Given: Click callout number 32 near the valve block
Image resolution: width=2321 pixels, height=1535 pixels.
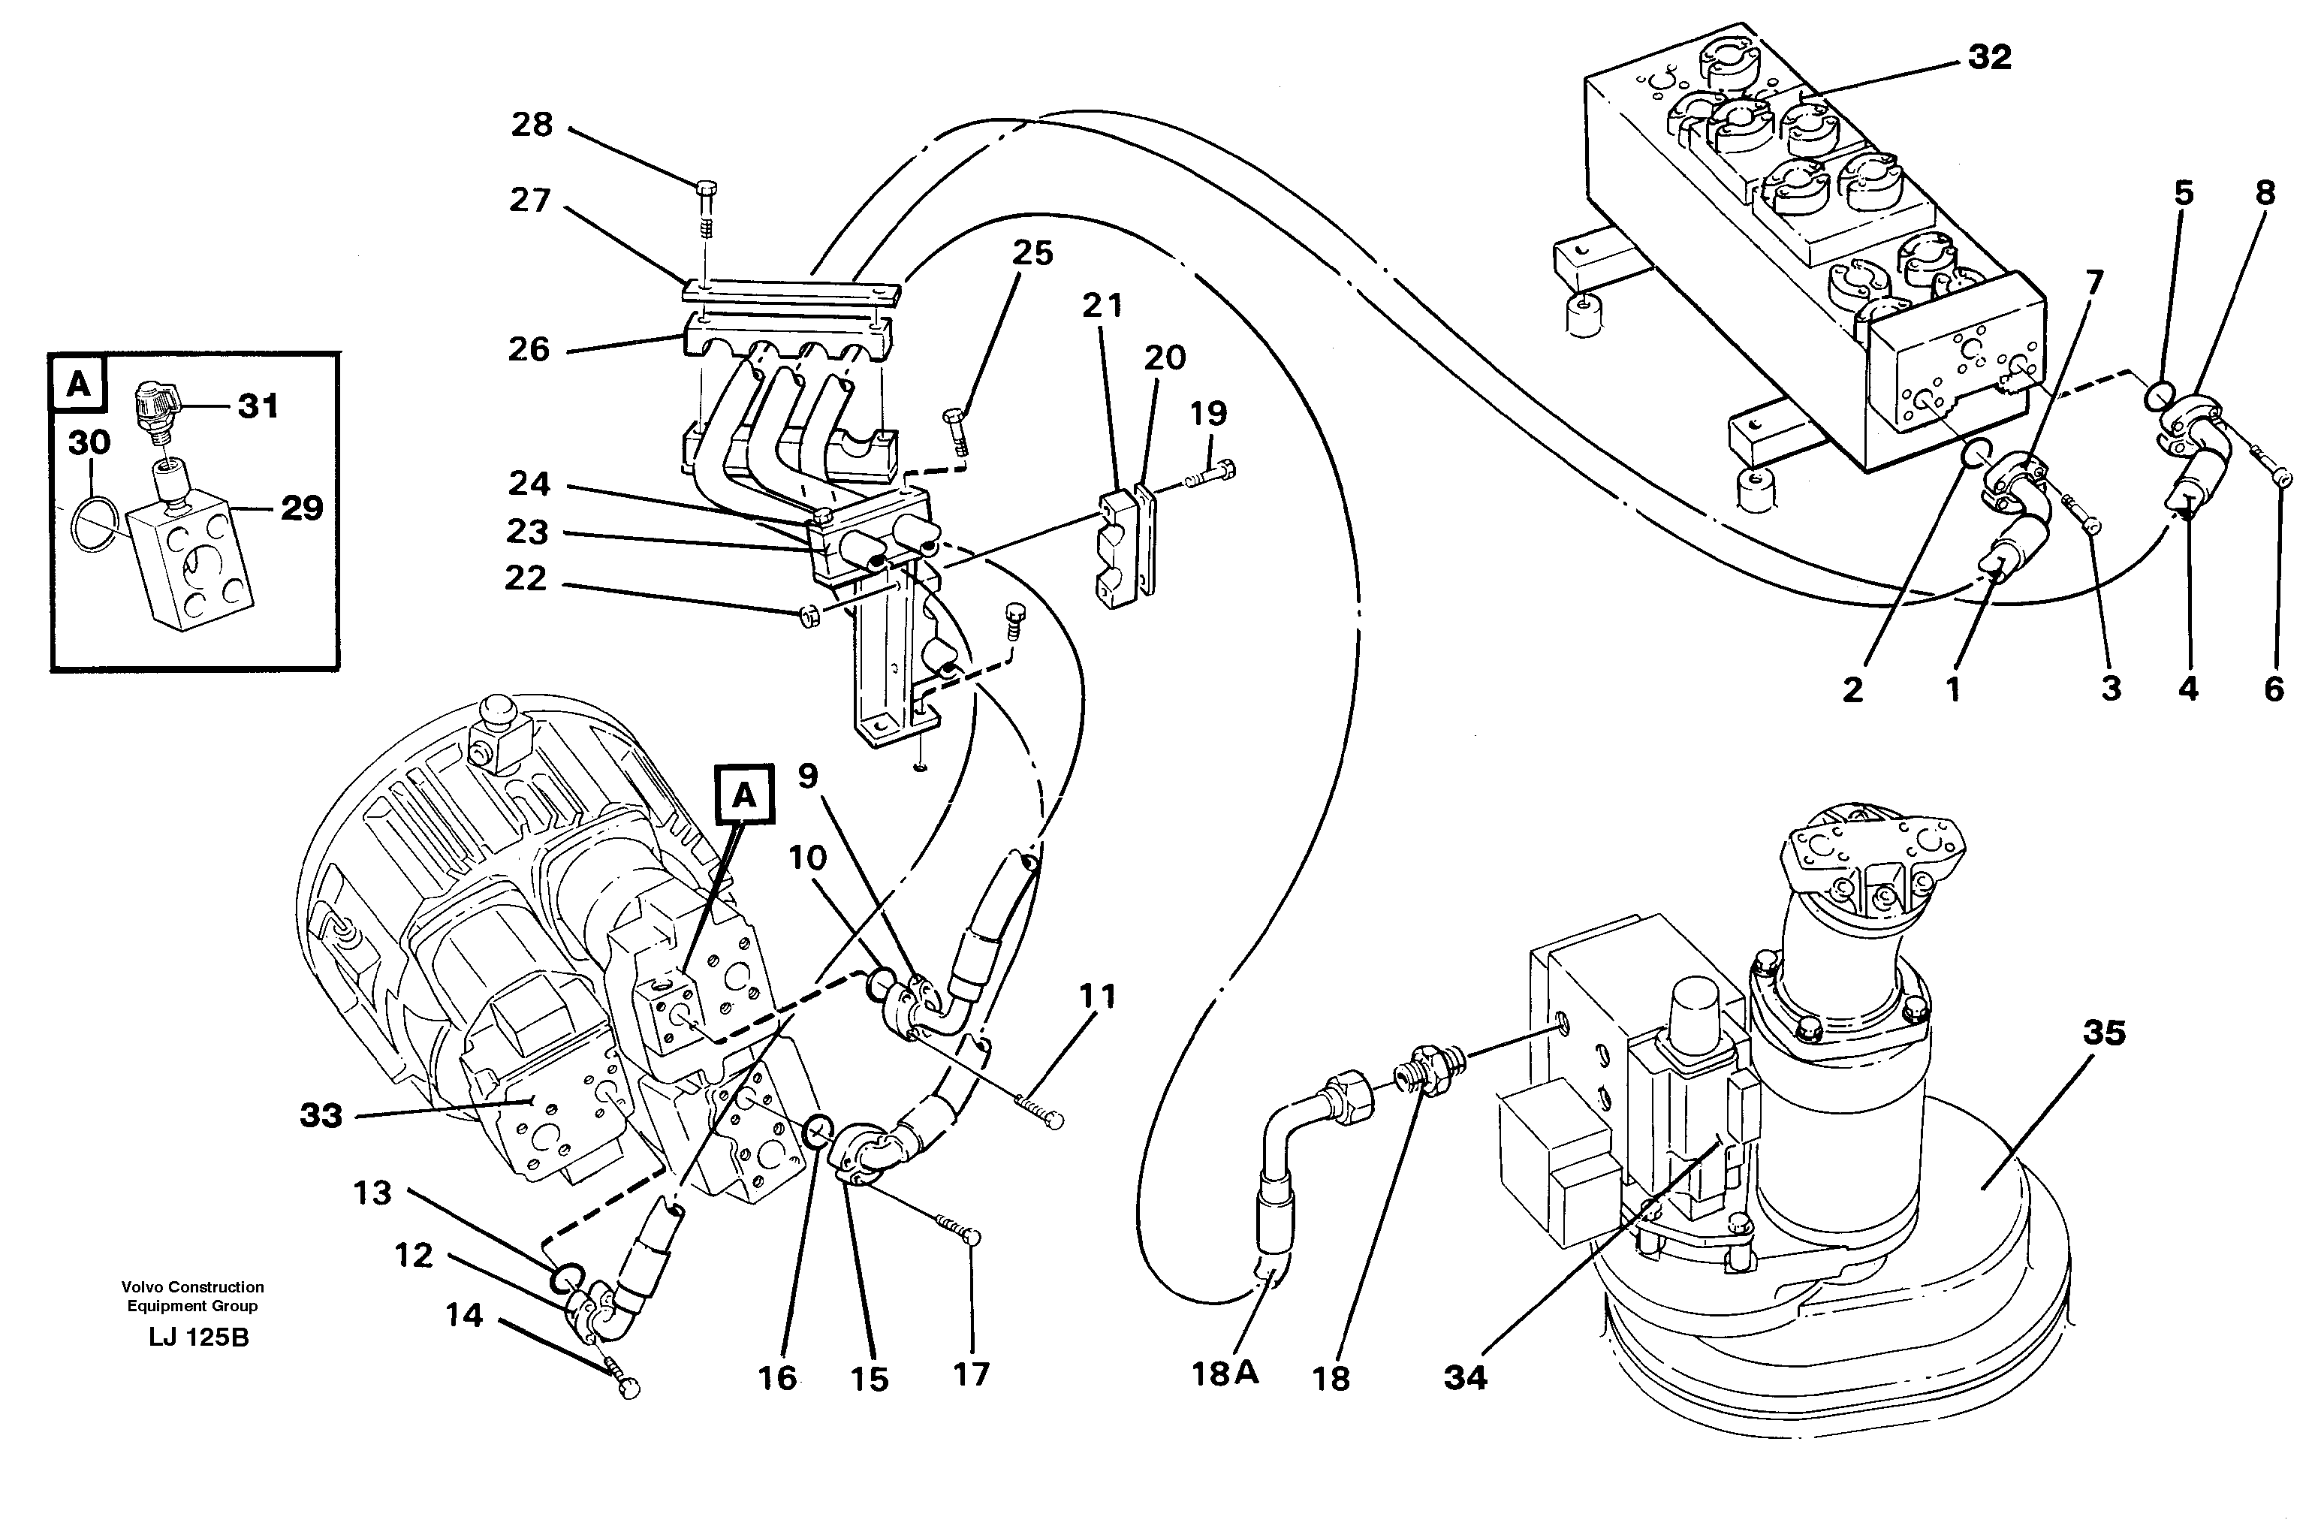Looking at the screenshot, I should tap(1989, 58).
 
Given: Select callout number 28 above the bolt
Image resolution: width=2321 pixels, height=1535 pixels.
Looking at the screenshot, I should tap(532, 125).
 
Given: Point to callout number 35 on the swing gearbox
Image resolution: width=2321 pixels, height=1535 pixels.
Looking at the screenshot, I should tap(2105, 1033).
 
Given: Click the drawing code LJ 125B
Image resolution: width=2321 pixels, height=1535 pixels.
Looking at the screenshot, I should tap(199, 1337).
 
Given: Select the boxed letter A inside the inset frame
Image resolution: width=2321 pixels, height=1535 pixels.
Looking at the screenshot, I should tap(78, 385).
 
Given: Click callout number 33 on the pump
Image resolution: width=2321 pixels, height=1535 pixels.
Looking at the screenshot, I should tap(321, 1115).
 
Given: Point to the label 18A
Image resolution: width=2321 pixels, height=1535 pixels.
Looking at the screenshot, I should tap(1224, 1374).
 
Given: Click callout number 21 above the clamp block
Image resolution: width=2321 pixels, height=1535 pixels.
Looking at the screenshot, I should tap(1102, 306).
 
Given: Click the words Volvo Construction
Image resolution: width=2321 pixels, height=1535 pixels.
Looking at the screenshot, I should tap(193, 1286).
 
